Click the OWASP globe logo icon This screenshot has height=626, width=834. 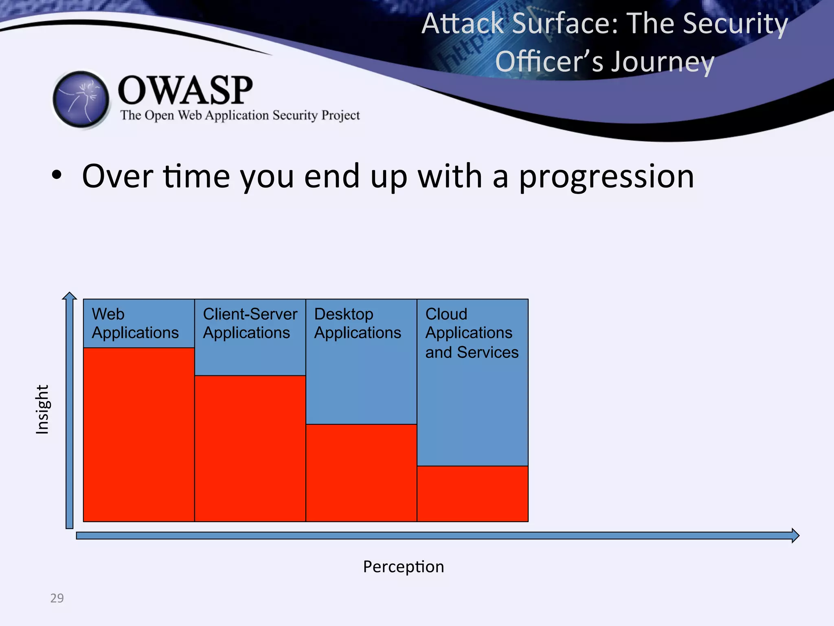tap(81, 99)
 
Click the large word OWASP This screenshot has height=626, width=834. tap(185, 90)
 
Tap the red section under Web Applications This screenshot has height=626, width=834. tap(138, 434)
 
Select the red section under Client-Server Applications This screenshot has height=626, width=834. tap(250, 448)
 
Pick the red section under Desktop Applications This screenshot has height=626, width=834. tap(361, 473)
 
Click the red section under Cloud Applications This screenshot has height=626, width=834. tap(472, 494)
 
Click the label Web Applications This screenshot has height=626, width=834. tap(135, 323)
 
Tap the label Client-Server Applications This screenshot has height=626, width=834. tap(250, 323)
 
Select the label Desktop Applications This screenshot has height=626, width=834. tap(358, 323)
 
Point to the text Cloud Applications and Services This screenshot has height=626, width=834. tap(472, 333)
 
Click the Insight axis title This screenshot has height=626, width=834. tap(42, 410)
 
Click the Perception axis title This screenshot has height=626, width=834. tap(403, 566)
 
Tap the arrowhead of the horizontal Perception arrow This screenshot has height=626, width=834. tap(795, 535)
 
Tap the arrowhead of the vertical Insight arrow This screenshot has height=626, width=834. tap(70, 296)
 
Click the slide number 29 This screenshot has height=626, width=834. tap(57, 598)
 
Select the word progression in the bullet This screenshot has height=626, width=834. tap(606, 176)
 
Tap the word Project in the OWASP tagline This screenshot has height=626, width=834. tap(340, 115)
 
